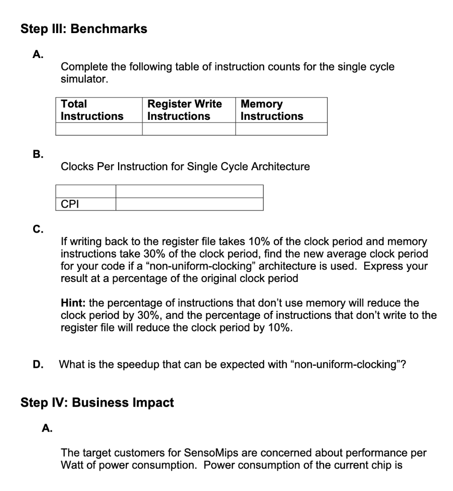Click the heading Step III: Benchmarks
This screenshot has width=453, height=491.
click(x=84, y=29)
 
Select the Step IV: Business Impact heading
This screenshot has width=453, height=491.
click(x=97, y=402)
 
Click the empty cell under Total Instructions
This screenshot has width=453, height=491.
click(x=99, y=129)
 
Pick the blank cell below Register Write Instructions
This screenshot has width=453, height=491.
click(x=189, y=129)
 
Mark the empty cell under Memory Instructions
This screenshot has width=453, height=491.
click(x=281, y=129)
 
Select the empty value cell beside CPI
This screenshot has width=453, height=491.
click(x=190, y=204)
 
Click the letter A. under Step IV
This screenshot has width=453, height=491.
click(x=47, y=428)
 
